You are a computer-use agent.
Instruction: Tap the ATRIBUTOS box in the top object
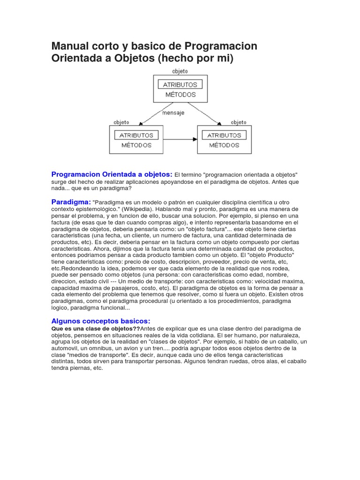click(x=180, y=85)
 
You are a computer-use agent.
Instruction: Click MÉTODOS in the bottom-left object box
click(x=136, y=145)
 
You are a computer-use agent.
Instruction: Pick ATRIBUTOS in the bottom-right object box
click(x=224, y=135)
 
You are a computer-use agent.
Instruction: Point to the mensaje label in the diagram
click(x=173, y=113)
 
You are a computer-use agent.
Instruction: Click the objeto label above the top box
click(x=180, y=71)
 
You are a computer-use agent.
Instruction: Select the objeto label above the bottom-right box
click(x=239, y=122)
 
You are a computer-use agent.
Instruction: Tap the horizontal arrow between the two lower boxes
click(x=180, y=139)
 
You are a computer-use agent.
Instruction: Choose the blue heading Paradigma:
click(x=71, y=202)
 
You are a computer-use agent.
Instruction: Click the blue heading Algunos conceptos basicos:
click(x=100, y=321)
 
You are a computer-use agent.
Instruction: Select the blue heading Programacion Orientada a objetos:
click(x=112, y=174)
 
